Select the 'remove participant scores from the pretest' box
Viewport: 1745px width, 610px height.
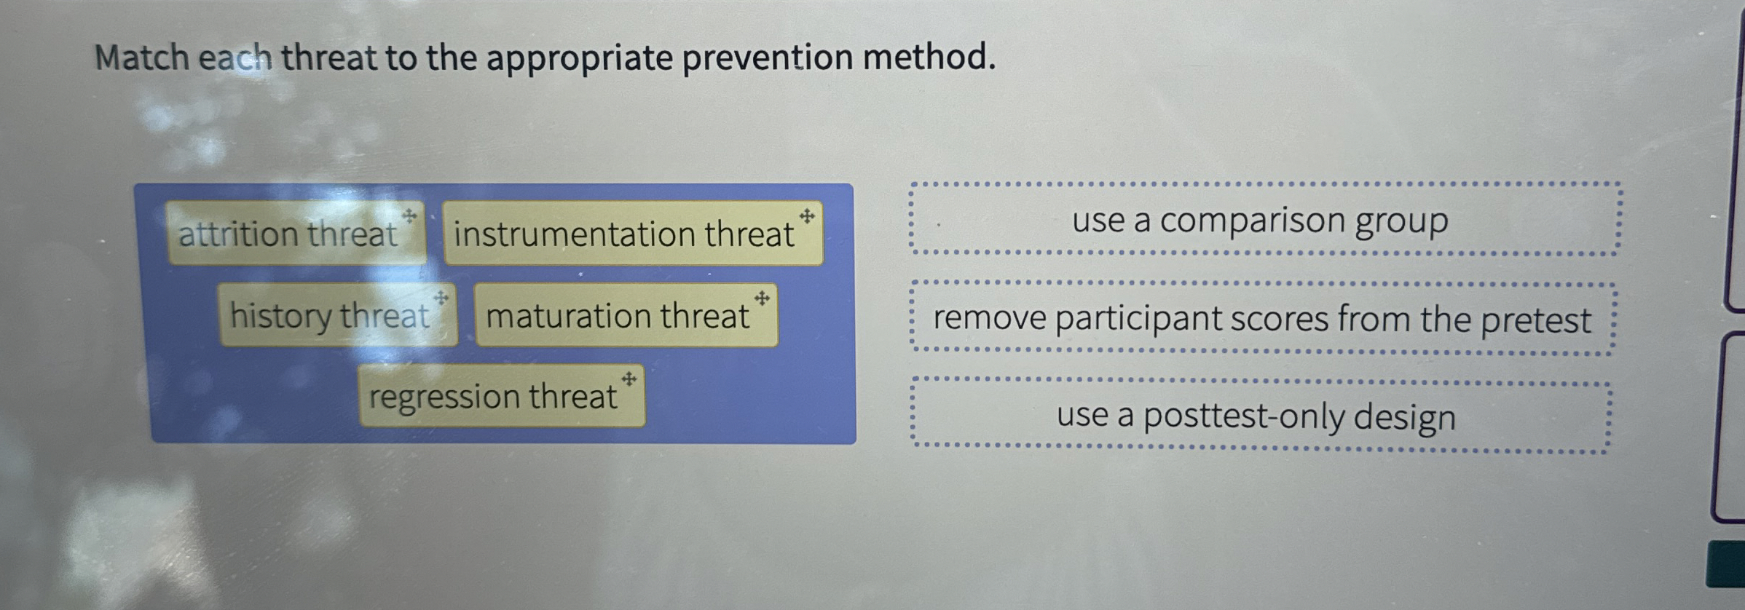[x=1262, y=319]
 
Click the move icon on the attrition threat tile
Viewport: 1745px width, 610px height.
[x=410, y=215]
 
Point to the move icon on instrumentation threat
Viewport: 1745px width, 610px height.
[x=807, y=216]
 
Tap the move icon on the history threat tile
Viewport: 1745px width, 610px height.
[x=441, y=298]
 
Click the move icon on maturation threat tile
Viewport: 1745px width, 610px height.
[x=762, y=298]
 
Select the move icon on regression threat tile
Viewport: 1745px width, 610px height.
[x=629, y=379]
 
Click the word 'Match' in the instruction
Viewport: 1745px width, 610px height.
[x=141, y=58]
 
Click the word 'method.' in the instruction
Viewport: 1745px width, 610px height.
[x=929, y=58]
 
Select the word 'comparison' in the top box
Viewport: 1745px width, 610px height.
[x=1252, y=221]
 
